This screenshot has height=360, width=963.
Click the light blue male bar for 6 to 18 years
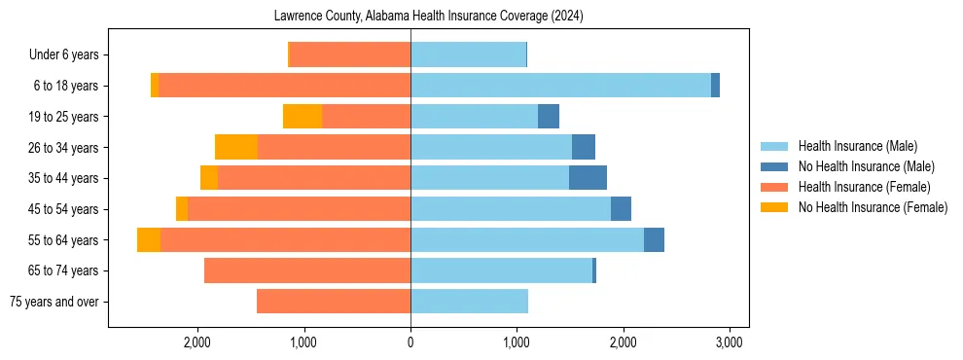pos(560,86)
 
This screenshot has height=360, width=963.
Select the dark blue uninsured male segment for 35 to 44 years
pos(588,178)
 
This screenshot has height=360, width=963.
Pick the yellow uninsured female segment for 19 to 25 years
pos(303,117)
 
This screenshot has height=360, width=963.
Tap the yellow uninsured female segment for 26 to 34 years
pos(236,147)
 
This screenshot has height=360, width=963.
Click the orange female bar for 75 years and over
pos(334,302)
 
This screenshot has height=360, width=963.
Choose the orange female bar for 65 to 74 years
pos(307,270)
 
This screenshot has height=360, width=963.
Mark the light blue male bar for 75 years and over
pos(469,302)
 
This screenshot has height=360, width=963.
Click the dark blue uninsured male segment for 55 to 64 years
pos(654,239)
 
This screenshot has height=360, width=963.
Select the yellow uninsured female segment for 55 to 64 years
pos(149,239)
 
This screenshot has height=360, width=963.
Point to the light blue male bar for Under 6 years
pos(468,55)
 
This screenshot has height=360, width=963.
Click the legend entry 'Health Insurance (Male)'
pos(857,146)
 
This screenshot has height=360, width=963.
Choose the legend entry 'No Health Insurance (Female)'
pos(873,207)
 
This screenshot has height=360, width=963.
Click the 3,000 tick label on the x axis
pos(730,342)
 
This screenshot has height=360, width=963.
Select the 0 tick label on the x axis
pos(410,342)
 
